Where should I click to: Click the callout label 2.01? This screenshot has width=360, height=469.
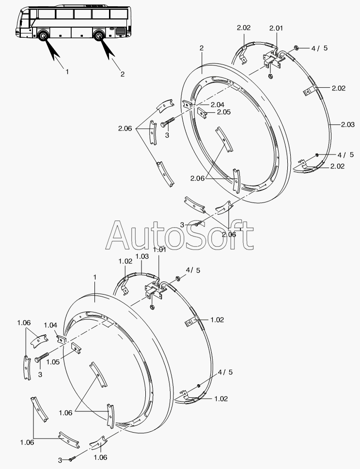[276, 28]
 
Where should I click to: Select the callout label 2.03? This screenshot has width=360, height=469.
[348, 125]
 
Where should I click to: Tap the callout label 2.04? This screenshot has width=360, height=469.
[218, 105]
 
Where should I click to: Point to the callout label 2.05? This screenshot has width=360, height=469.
[224, 112]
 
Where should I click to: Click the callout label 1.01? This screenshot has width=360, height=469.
[159, 250]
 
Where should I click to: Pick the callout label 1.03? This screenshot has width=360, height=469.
[142, 256]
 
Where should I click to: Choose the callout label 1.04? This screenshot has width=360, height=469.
[50, 325]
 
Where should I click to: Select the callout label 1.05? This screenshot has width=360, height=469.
[53, 362]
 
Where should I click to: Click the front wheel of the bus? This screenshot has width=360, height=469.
[43, 35]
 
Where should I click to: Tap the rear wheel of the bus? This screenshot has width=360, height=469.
[98, 35]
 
